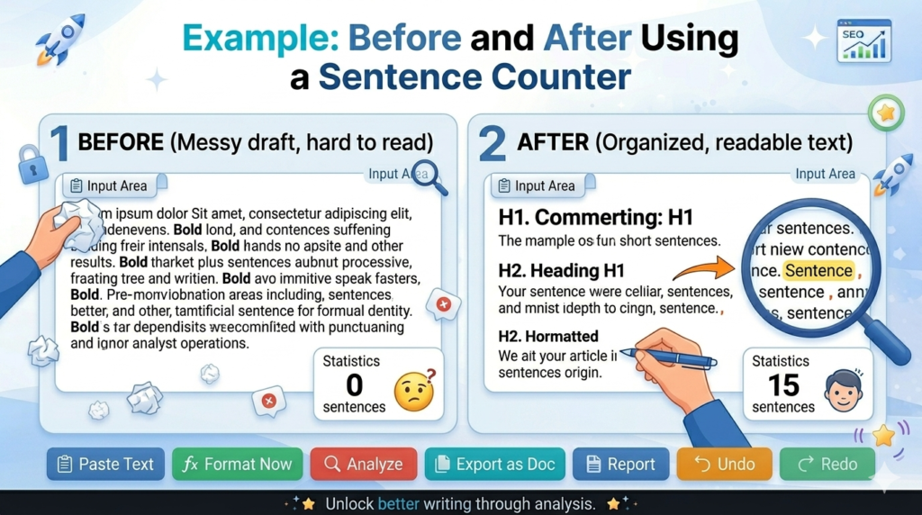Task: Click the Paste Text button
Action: pyautogui.click(x=105, y=465)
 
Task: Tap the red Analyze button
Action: pyautogui.click(x=364, y=465)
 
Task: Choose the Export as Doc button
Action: pyautogui.click(x=494, y=465)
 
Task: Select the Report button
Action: pyautogui.click(x=620, y=465)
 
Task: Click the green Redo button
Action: pyautogui.click(x=827, y=465)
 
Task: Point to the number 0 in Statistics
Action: pyautogui.click(x=354, y=385)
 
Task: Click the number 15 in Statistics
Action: pyautogui.click(x=783, y=385)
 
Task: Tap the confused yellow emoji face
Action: pyautogui.click(x=414, y=392)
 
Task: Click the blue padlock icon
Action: pyautogui.click(x=32, y=166)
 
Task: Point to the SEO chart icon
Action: pyautogui.click(x=863, y=41)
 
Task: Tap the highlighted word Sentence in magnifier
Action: pyautogui.click(x=818, y=270)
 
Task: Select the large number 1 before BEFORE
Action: pyautogui.click(x=59, y=143)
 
